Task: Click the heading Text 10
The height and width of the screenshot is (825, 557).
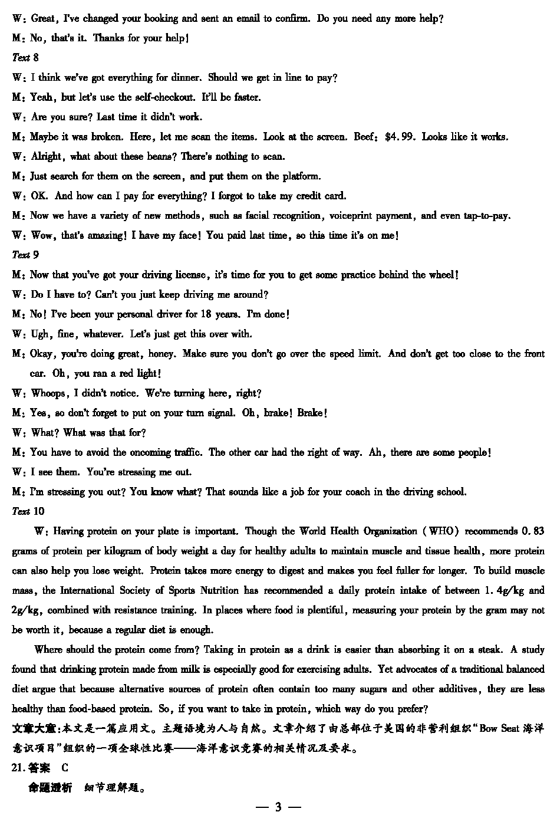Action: [x=28, y=511]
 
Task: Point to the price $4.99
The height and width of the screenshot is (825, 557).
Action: [x=400, y=137]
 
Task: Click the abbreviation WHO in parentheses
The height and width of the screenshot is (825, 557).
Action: [x=441, y=531]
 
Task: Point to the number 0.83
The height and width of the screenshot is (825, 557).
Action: [x=533, y=531]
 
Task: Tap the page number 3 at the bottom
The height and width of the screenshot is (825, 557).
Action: [x=278, y=807]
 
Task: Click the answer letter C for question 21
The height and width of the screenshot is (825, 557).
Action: [x=65, y=768]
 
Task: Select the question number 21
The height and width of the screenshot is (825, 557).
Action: [x=18, y=768]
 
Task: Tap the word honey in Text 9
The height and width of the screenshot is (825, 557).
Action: [x=161, y=354]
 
